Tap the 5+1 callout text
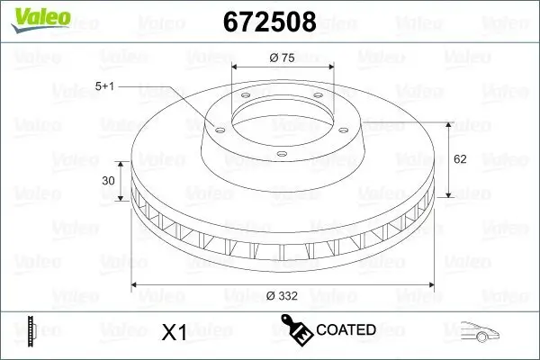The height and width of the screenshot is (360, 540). [104, 86]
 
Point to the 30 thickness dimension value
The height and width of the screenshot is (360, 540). [109, 180]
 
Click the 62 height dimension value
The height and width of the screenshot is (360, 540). [460, 159]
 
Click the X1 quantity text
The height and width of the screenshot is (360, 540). [173, 332]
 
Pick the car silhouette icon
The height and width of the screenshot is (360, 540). [479, 330]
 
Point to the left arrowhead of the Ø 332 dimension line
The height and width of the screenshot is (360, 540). [136, 285]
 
